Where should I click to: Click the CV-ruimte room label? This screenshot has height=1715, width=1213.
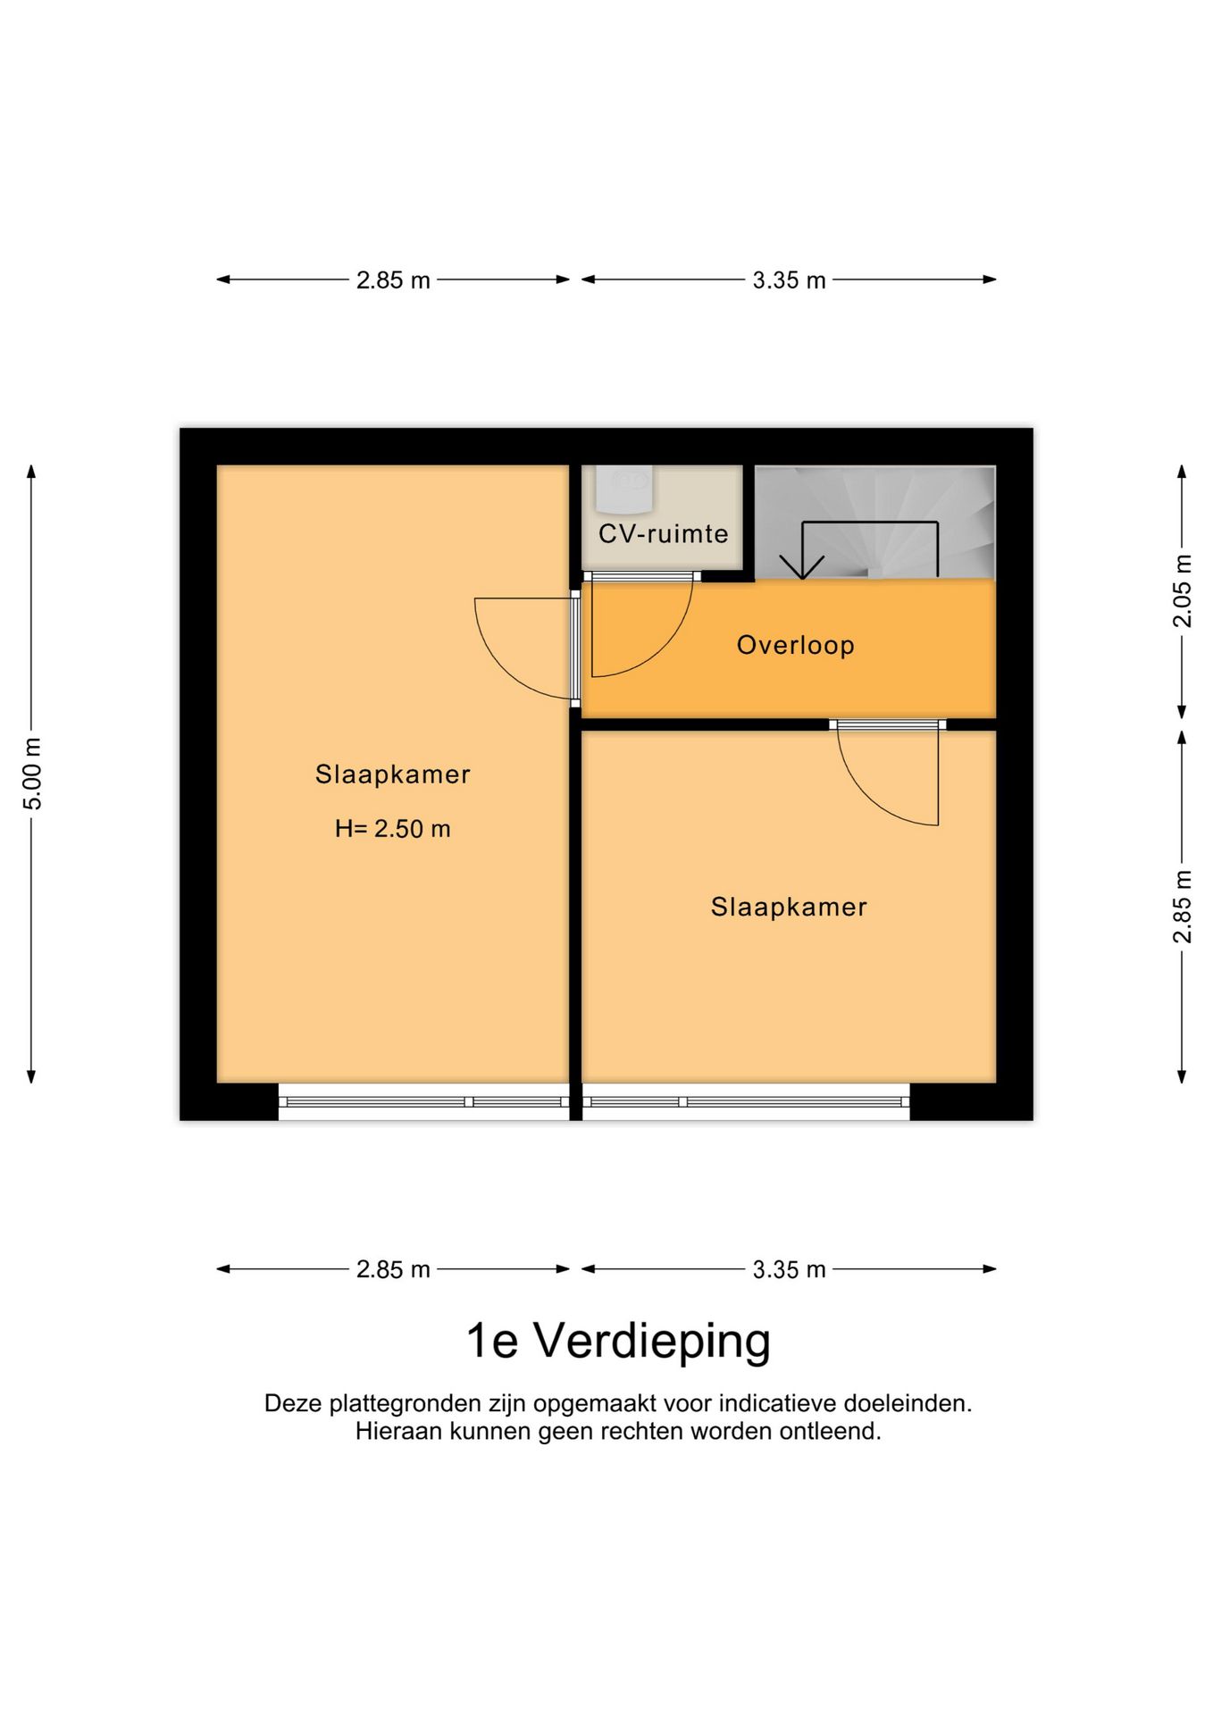tap(663, 534)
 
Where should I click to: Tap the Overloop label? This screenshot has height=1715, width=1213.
tap(795, 645)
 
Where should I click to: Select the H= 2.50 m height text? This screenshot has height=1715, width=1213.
tap(392, 829)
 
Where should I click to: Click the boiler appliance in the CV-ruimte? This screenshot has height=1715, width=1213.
tap(625, 488)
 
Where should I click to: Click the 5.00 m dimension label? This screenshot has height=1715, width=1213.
tap(32, 774)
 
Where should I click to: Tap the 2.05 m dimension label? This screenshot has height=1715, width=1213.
tap(1182, 590)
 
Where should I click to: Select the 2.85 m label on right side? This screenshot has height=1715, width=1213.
tap(1182, 906)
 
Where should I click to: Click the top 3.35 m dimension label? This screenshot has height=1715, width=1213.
tap(789, 280)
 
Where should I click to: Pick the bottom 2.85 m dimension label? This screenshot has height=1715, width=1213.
tap(393, 1269)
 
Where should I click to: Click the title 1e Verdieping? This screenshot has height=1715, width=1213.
tap(618, 1341)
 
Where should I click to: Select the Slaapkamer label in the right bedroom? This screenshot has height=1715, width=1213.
tap(789, 908)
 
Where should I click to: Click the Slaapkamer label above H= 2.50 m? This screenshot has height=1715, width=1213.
tap(392, 774)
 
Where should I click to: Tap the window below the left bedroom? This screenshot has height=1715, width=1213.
tap(423, 1102)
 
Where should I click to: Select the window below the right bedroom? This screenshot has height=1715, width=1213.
tap(746, 1102)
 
